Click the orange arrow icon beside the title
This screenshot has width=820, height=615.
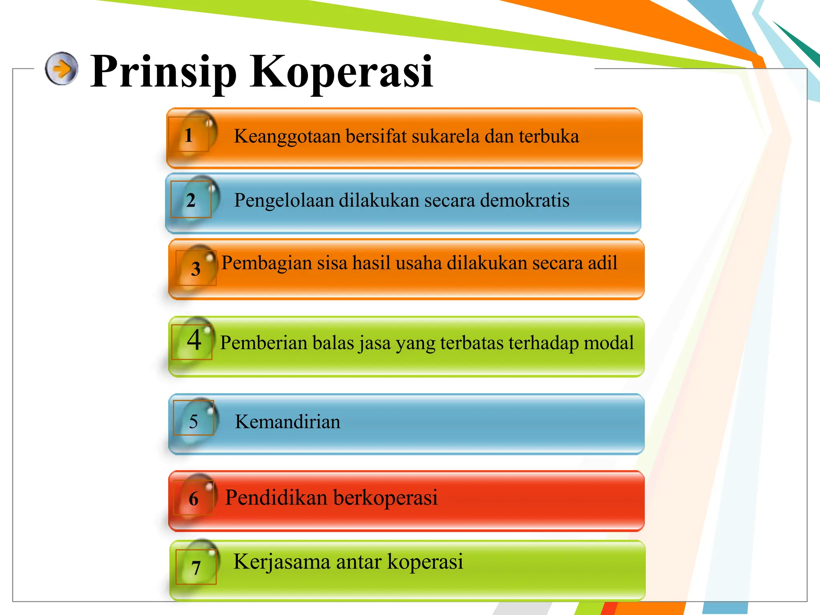61,68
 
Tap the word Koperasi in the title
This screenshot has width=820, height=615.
341,72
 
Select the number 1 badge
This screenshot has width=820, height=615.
189,135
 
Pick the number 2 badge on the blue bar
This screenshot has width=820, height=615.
191,200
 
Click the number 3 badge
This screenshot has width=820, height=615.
196,269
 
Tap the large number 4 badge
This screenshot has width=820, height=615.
194,340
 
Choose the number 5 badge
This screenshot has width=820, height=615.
193,421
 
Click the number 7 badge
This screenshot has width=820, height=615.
196,568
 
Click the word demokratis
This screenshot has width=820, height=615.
525,200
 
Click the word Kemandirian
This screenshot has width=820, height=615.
287,422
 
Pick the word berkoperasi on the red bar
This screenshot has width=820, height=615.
385,498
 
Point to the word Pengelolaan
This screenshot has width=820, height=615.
284,201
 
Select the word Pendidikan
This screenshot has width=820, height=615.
276,498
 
